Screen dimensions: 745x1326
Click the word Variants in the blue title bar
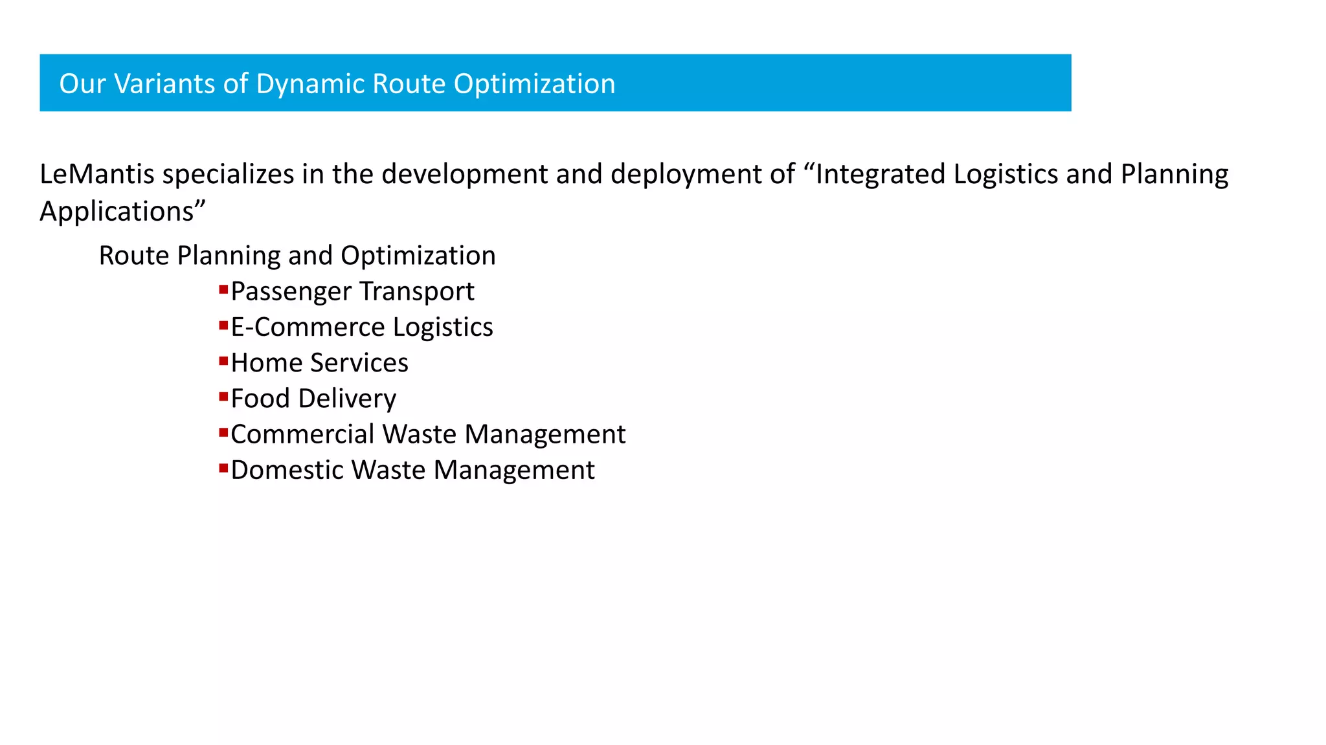point(164,83)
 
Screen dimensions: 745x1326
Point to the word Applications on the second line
point(117,212)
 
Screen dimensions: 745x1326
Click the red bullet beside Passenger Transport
point(223,289)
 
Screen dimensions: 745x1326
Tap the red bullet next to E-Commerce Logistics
point(223,325)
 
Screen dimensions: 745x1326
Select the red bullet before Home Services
point(223,361)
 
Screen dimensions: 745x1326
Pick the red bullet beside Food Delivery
point(223,396)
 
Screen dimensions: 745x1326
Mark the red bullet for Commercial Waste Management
point(223,432)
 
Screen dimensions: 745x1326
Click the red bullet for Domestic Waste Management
point(223,467)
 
